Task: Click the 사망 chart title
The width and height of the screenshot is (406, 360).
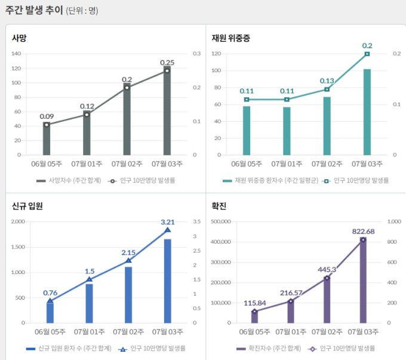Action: coord(19,38)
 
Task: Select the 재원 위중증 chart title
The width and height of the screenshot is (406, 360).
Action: coord(230,38)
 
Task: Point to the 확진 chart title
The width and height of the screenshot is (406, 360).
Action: coord(219,207)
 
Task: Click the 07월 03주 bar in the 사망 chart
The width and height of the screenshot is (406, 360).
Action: coord(167,113)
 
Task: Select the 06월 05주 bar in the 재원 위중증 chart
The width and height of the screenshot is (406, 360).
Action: coord(247,130)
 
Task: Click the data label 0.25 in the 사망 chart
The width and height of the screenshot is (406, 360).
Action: coord(167,63)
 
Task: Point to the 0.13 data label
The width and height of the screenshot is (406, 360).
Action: coord(327,81)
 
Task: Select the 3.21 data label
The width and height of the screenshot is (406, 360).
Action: coord(167,222)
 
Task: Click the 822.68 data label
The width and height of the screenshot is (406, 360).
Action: coord(362,231)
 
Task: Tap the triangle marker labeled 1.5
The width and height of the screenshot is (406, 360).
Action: coord(90,279)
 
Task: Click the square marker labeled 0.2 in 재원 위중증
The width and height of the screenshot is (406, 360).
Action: coord(367,54)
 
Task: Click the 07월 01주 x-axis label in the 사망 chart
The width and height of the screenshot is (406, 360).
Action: coord(87,163)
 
